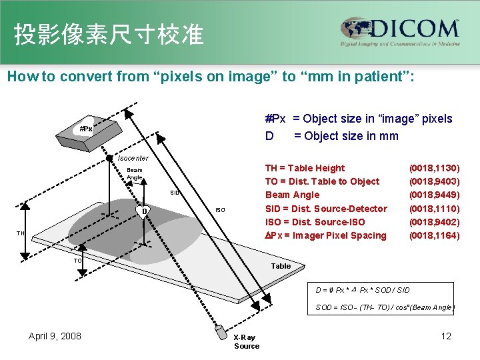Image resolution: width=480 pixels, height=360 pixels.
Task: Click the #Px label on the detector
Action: point(86,129)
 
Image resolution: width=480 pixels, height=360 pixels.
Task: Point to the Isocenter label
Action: point(133,158)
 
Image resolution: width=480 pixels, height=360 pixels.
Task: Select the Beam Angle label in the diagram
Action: point(134,173)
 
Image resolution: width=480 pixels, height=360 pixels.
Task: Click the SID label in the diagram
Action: point(175,193)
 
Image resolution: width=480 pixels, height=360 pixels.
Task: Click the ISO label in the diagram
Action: point(220,211)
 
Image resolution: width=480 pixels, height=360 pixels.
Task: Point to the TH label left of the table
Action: point(21,233)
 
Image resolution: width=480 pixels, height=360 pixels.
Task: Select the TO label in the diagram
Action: point(77,261)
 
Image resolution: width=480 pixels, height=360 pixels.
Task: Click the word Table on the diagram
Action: point(281,266)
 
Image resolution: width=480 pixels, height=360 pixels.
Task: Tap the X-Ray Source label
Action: point(246,341)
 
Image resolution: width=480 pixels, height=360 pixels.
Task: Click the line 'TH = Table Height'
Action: point(305,168)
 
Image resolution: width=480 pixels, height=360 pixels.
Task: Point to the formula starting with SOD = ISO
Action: point(385,307)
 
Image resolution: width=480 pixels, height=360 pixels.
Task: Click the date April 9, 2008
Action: point(55,336)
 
